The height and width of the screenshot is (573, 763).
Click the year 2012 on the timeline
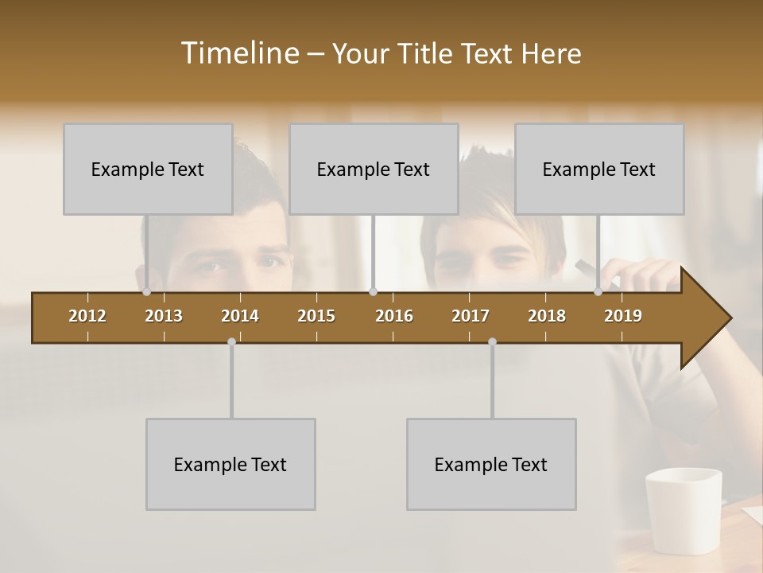(87, 316)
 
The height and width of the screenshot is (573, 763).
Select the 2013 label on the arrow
(164, 316)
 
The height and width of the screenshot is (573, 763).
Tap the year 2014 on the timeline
(240, 316)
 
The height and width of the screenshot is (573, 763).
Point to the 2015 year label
(316, 316)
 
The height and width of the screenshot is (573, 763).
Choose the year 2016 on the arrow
(394, 316)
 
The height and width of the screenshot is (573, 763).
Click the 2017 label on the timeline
(471, 316)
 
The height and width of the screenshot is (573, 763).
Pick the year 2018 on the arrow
(547, 316)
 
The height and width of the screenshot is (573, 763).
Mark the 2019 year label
(623, 316)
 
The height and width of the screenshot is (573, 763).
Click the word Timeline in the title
(239, 53)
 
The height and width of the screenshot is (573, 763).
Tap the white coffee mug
(683, 509)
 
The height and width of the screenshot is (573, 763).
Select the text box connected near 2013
(148, 169)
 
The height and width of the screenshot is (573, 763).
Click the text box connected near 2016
(374, 169)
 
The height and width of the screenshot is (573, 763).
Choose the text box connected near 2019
(599, 169)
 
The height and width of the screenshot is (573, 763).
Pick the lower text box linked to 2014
(230, 464)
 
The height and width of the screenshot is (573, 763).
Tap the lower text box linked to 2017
(491, 464)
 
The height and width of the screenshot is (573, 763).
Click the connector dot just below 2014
(231, 341)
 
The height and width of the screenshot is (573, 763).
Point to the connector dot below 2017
(492, 341)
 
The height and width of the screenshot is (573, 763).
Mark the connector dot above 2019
(598, 292)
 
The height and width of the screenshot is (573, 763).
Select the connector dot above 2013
(147, 292)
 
